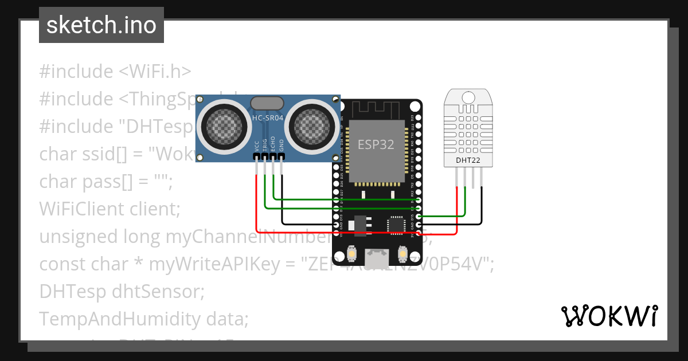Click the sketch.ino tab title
101,25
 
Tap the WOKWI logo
608,316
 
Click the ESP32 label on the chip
376,144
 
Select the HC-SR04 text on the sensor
268,118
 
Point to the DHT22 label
468,160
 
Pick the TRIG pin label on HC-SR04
265,145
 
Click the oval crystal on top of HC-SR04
267,103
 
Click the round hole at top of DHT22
468,97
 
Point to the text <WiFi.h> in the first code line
155,72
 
